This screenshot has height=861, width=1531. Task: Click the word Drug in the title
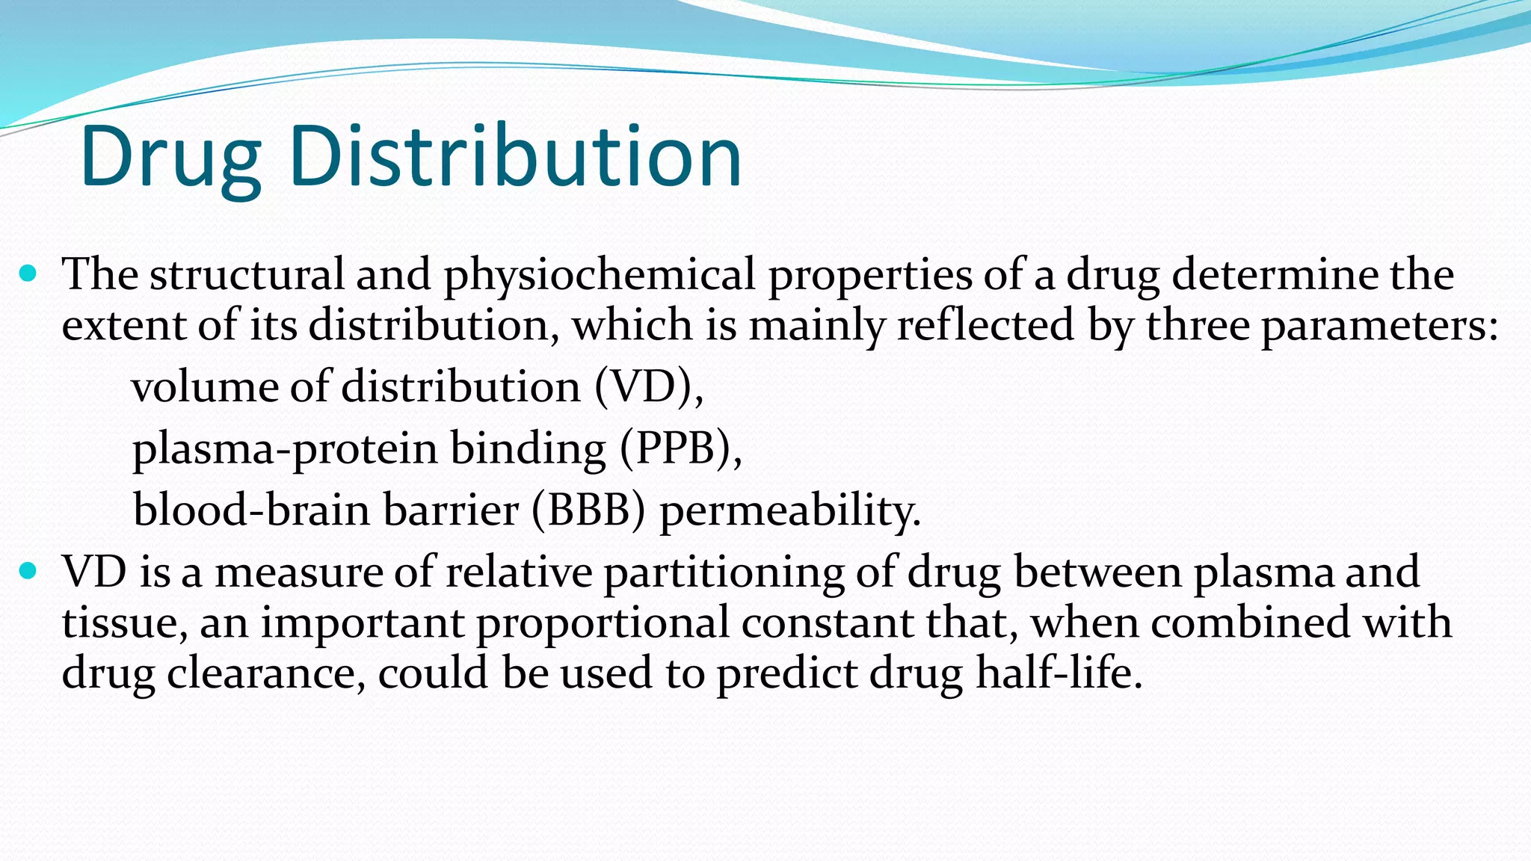point(170,157)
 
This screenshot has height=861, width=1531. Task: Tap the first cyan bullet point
point(28,274)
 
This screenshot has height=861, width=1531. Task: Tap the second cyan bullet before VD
point(28,572)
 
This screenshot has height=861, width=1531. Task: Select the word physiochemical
point(600,275)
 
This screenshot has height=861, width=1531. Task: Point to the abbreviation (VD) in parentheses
point(648,387)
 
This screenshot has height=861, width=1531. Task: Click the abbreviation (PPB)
point(680,448)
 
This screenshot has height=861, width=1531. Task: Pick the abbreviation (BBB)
point(588,510)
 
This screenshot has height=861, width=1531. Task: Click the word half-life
point(1059,672)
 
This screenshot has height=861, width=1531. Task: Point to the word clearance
point(266,673)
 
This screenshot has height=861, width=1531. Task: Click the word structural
point(247,274)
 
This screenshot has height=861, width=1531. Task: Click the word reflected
point(985,325)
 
